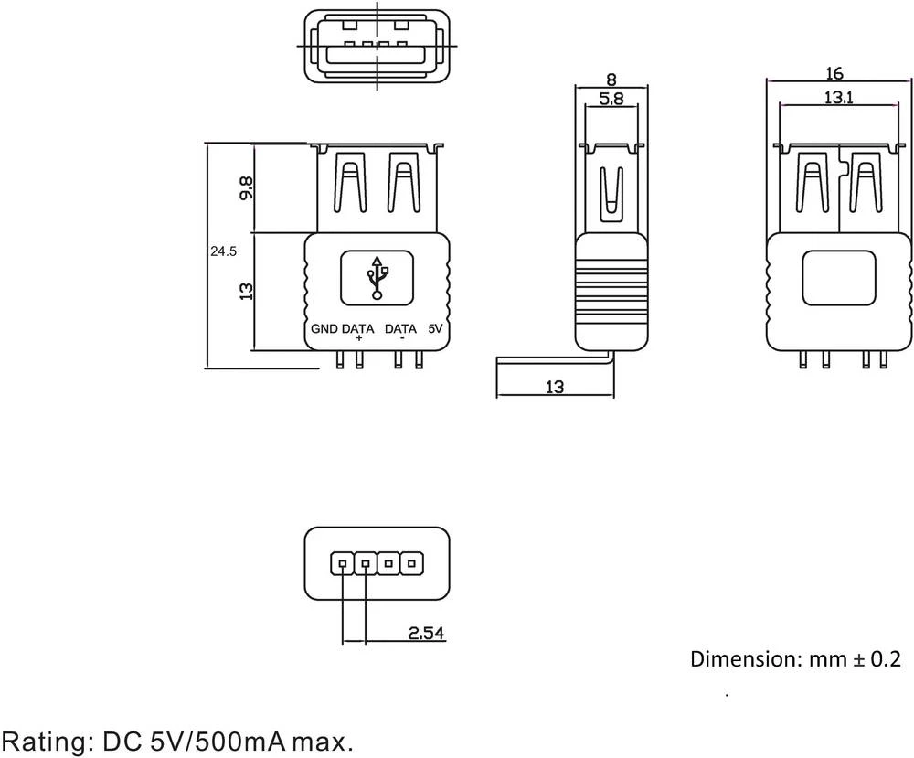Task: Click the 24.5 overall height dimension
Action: tap(224, 251)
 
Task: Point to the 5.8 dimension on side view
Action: tap(611, 101)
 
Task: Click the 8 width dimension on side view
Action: tap(611, 80)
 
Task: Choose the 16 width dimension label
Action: tap(833, 73)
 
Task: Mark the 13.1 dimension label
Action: tap(833, 98)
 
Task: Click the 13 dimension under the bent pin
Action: tap(555, 387)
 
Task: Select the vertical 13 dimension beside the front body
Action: tap(245, 291)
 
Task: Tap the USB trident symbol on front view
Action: tap(377, 278)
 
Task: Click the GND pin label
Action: tap(324, 328)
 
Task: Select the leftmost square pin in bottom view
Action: tap(342, 563)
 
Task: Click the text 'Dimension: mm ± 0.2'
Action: tap(794, 659)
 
